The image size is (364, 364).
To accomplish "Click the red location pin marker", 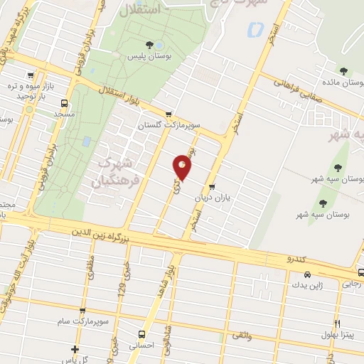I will click(183, 167).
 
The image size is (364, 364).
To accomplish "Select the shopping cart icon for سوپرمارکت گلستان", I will click(168, 113).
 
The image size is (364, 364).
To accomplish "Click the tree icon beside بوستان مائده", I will click(343, 70).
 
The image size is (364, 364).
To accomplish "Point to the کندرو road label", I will click(294, 260).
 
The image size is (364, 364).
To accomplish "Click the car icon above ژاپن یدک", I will click(306, 274).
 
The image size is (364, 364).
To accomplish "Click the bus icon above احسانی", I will click(141, 333).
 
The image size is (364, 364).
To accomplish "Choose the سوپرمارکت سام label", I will click(85, 321).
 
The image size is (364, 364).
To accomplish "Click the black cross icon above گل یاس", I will click(75, 348).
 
